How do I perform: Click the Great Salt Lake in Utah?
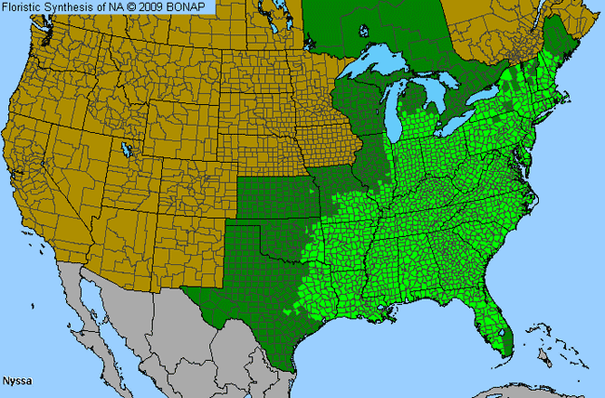click(x=124, y=148)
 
